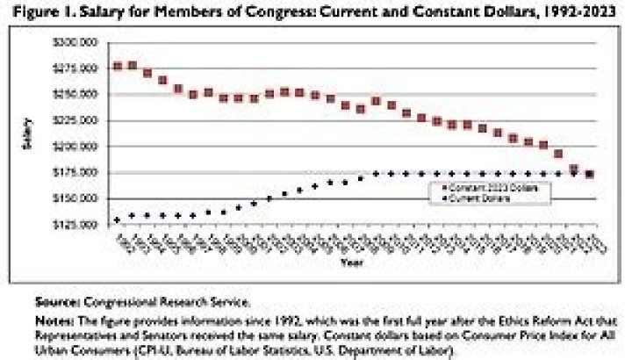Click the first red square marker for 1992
(118, 66)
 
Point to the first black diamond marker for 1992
(118, 220)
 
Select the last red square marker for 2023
(590, 174)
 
